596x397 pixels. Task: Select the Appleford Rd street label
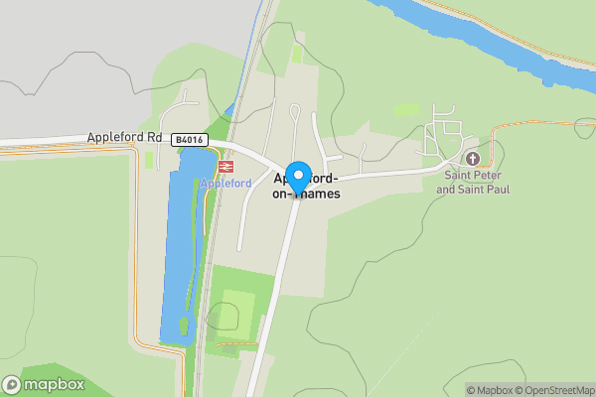click(124, 138)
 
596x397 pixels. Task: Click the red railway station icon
click(225, 167)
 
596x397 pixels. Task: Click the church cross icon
click(472, 159)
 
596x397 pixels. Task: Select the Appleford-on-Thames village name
click(307, 187)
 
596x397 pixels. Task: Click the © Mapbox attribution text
click(490, 390)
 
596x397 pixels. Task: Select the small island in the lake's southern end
click(183, 325)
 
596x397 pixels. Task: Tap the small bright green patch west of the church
click(405, 109)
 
